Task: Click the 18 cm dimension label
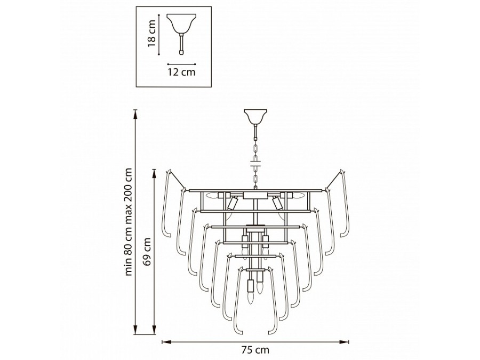[x=152, y=34]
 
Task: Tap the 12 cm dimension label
[x=181, y=72]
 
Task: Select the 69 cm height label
[x=148, y=252]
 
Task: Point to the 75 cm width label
[x=255, y=349]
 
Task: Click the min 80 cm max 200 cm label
[x=129, y=222]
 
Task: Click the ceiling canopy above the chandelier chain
[x=255, y=117]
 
